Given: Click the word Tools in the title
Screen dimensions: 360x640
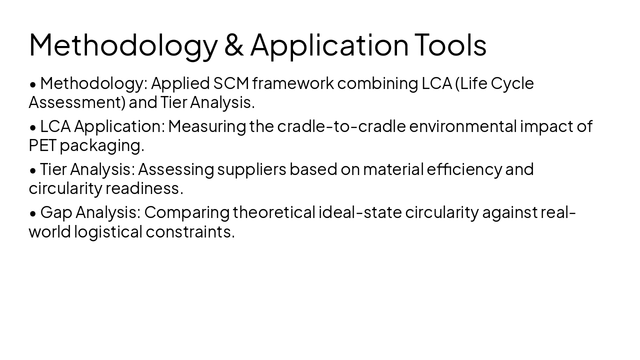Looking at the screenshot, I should tap(450, 44).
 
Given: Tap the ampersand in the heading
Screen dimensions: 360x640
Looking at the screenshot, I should tap(233, 44).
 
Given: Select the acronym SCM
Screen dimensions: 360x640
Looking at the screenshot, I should tap(231, 83).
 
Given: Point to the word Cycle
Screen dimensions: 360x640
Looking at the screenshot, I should tap(512, 83).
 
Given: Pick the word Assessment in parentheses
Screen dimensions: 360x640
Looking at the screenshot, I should tap(77, 102).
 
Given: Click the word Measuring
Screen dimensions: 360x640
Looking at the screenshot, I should tap(207, 126).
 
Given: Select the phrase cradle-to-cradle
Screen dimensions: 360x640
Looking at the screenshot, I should tap(341, 126).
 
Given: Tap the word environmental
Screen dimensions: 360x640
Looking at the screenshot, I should tap(462, 126).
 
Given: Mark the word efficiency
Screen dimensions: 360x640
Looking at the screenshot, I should tap(464, 169).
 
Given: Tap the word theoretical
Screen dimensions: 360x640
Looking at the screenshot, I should tap(274, 212).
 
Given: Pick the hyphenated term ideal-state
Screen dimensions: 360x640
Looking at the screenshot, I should tap(360, 212).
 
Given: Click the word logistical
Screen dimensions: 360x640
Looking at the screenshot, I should tap(108, 232).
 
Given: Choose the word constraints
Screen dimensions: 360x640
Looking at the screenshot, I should tap(190, 232).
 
